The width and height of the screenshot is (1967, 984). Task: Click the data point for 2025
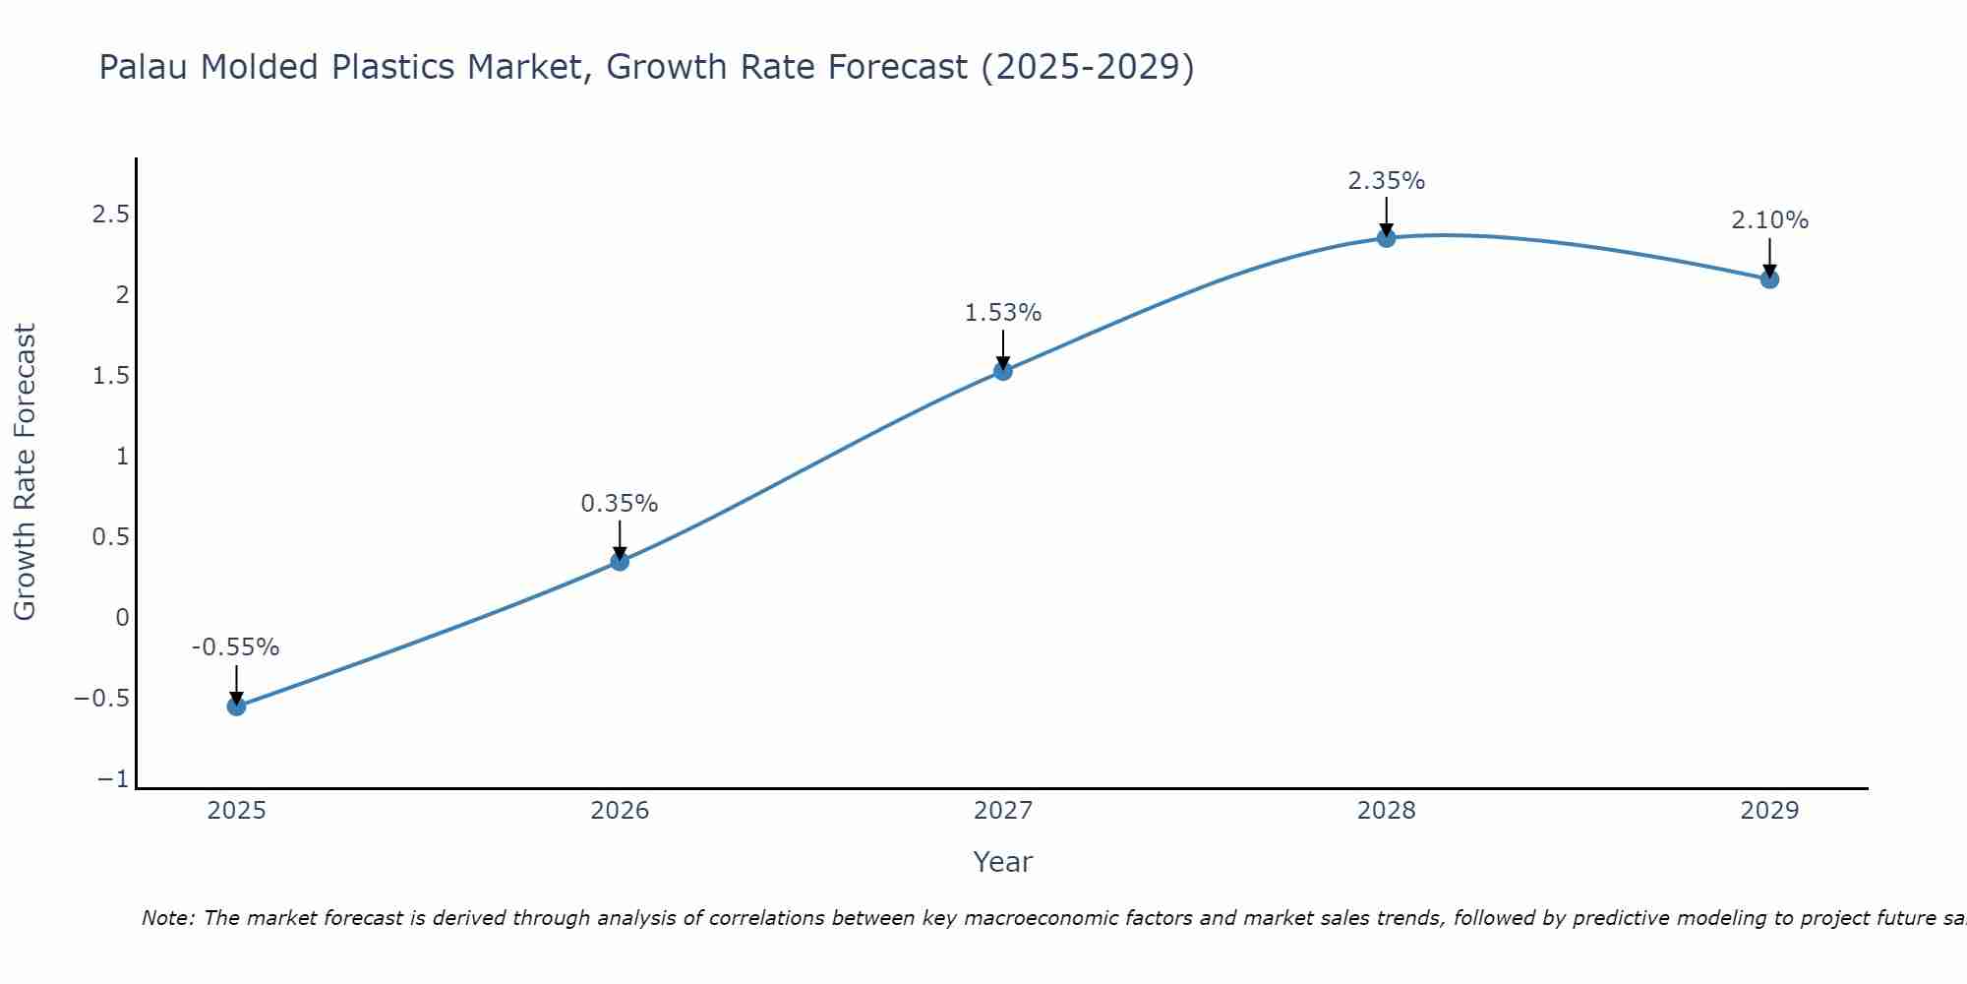point(236,706)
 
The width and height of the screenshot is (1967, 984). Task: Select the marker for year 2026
point(620,561)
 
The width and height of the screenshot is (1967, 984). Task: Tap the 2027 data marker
point(1002,370)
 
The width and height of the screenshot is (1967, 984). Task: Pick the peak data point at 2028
point(1386,237)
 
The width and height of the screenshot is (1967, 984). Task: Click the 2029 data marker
point(1769,278)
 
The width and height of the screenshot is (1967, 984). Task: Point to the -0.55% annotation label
point(235,647)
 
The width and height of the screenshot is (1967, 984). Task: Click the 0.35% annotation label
point(619,504)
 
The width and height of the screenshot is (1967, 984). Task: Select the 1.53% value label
point(1002,313)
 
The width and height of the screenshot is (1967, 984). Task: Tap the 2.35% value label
point(1386,181)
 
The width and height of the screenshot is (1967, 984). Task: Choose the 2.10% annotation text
point(1769,220)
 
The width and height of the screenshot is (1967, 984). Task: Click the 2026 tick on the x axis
point(620,811)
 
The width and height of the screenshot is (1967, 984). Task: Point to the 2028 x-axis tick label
point(1386,811)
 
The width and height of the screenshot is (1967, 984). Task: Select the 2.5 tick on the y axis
point(111,215)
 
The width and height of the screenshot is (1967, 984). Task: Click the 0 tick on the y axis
point(122,618)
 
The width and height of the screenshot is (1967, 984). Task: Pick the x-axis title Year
point(1002,862)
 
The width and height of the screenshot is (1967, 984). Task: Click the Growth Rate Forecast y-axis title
point(25,472)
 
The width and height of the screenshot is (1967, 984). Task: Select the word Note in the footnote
point(166,918)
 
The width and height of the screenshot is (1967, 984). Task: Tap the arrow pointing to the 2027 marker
point(1002,349)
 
